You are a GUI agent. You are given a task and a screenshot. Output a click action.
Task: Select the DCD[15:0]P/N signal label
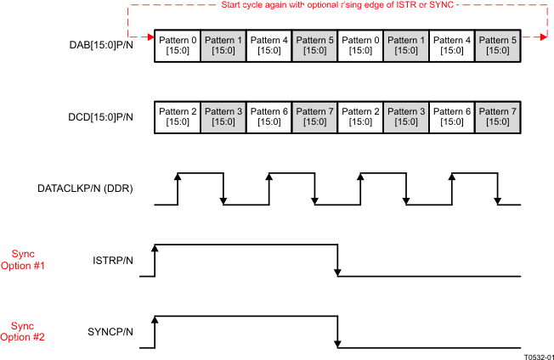100,116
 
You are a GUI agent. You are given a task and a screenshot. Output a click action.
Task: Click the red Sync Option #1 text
28,259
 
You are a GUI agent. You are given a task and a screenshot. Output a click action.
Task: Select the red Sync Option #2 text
28,330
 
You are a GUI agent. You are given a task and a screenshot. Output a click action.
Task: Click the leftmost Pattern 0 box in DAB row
178,45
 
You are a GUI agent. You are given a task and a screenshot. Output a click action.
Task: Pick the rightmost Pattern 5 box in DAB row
499,45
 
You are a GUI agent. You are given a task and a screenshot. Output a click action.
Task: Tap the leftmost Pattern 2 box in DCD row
178,116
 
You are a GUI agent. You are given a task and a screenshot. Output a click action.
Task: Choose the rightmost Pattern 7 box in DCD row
499,116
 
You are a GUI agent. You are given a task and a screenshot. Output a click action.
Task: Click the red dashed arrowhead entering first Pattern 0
150,37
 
